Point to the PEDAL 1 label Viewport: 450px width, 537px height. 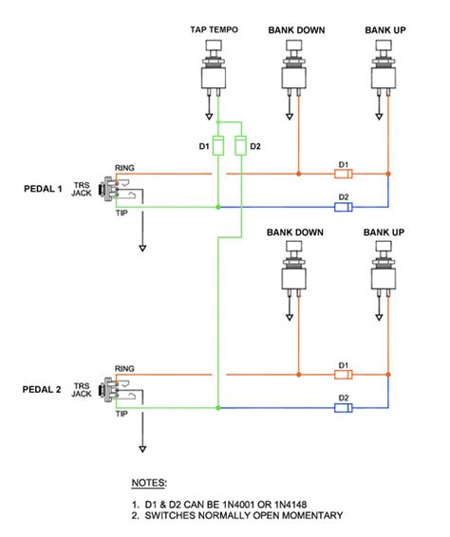click(x=43, y=189)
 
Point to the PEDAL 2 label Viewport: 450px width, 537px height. click(x=43, y=389)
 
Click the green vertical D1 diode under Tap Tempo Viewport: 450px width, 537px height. click(x=218, y=146)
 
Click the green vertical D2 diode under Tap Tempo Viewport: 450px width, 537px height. click(x=241, y=146)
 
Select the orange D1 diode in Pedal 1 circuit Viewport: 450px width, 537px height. click(x=344, y=175)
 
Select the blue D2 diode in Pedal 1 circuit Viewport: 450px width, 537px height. click(x=344, y=207)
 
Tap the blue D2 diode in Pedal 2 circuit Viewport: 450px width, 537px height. click(x=344, y=407)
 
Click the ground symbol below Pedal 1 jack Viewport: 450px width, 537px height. click(x=142, y=247)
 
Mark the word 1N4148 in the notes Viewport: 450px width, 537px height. click(x=270, y=503)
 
